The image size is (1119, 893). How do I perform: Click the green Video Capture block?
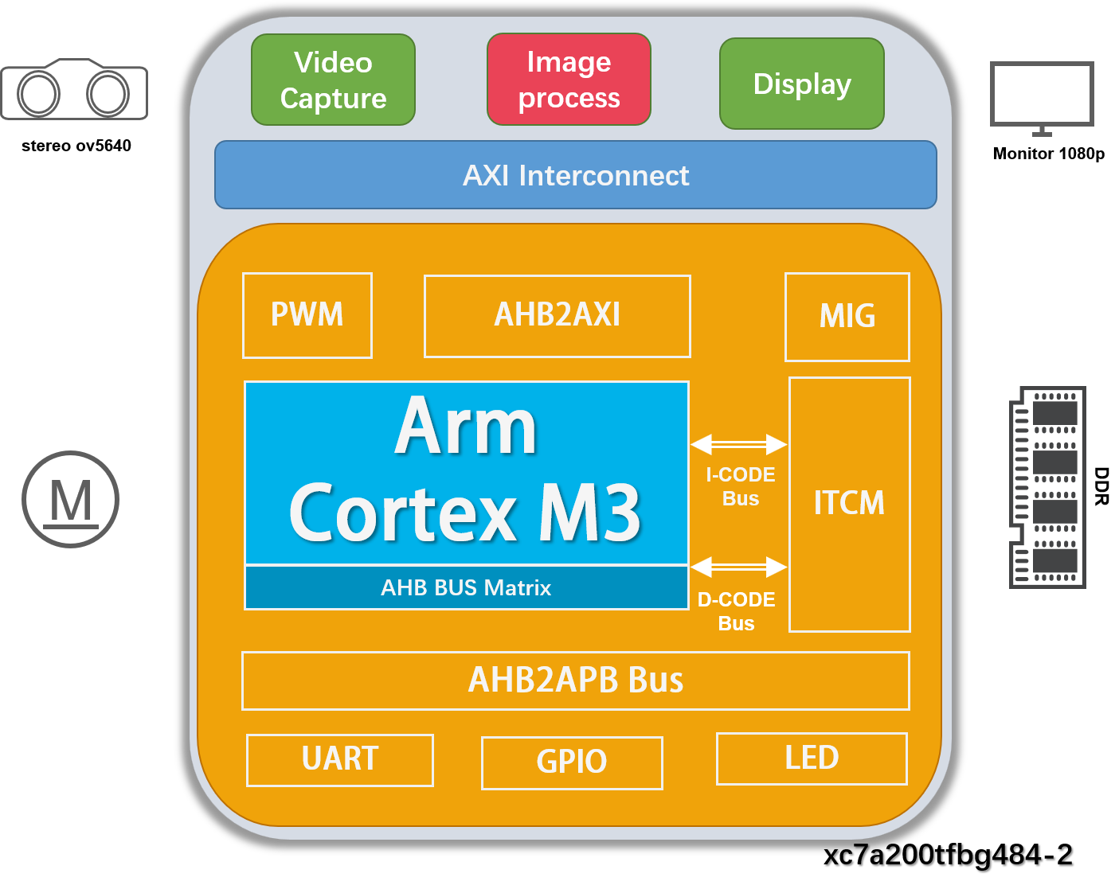(x=333, y=80)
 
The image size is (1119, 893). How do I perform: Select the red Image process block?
(x=569, y=80)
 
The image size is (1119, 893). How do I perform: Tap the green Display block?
(x=801, y=84)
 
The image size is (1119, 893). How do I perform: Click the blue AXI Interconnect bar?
(x=575, y=175)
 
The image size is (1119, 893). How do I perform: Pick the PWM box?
(x=307, y=315)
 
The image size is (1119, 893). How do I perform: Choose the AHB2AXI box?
(x=557, y=316)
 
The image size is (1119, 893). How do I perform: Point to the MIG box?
(x=847, y=317)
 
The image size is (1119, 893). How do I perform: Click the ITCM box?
(x=849, y=504)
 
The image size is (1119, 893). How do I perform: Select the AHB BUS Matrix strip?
(x=466, y=587)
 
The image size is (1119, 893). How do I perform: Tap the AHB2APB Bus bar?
(x=575, y=680)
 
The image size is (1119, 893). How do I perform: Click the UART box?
(x=339, y=759)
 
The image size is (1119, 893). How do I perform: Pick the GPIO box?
(x=571, y=762)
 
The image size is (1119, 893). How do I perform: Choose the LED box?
(x=811, y=758)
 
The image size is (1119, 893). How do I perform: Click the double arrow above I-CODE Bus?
(x=738, y=444)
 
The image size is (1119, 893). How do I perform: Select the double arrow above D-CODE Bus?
(x=738, y=567)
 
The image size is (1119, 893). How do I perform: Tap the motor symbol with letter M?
(x=71, y=500)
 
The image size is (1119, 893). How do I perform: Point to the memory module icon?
(x=1048, y=487)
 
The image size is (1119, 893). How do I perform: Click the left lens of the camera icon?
(x=38, y=94)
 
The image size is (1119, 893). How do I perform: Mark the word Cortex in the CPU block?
(x=403, y=514)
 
